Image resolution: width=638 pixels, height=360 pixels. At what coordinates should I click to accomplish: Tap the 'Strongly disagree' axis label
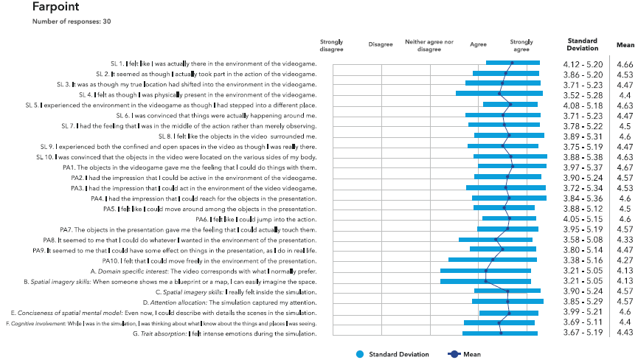pyautogui.click(x=332, y=46)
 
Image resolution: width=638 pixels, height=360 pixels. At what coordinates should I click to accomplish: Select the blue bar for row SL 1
pyautogui.click(x=513, y=63)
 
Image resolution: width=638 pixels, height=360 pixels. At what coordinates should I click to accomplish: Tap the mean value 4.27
pyautogui.click(x=625, y=260)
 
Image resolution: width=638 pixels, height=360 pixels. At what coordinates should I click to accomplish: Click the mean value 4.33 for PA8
pyautogui.click(x=625, y=240)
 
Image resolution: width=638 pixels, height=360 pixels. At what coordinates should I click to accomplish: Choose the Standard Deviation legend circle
pyautogui.click(x=359, y=354)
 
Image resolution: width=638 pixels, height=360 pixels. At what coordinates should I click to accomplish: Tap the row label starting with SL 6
pyautogui.click(x=219, y=116)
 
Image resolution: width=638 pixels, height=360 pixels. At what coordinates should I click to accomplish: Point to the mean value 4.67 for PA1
pyautogui.click(x=625, y=167)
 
